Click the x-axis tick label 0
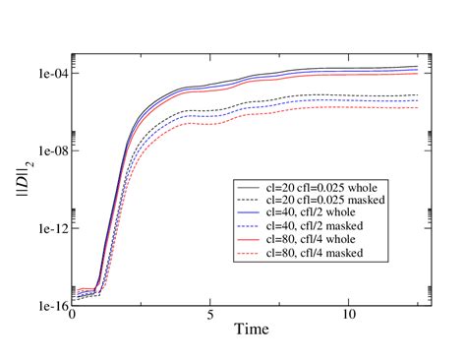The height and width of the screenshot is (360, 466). tap(72, 318)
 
